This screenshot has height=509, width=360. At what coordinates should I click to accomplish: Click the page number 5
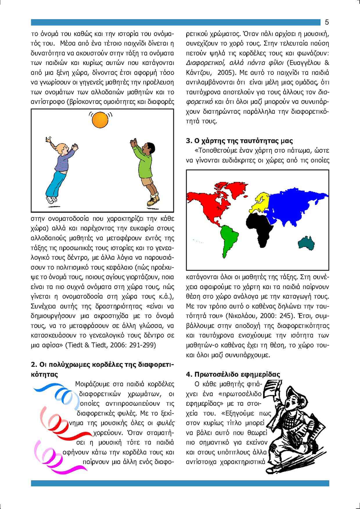coord(327,22)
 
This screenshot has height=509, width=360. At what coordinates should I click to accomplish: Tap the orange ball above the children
coord(100,120)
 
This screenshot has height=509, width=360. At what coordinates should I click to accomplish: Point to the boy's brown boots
coord(153,200)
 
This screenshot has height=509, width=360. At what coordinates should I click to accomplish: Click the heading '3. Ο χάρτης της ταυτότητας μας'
coord(239,141)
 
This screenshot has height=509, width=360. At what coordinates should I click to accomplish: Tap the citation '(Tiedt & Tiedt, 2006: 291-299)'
coord(111,345)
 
